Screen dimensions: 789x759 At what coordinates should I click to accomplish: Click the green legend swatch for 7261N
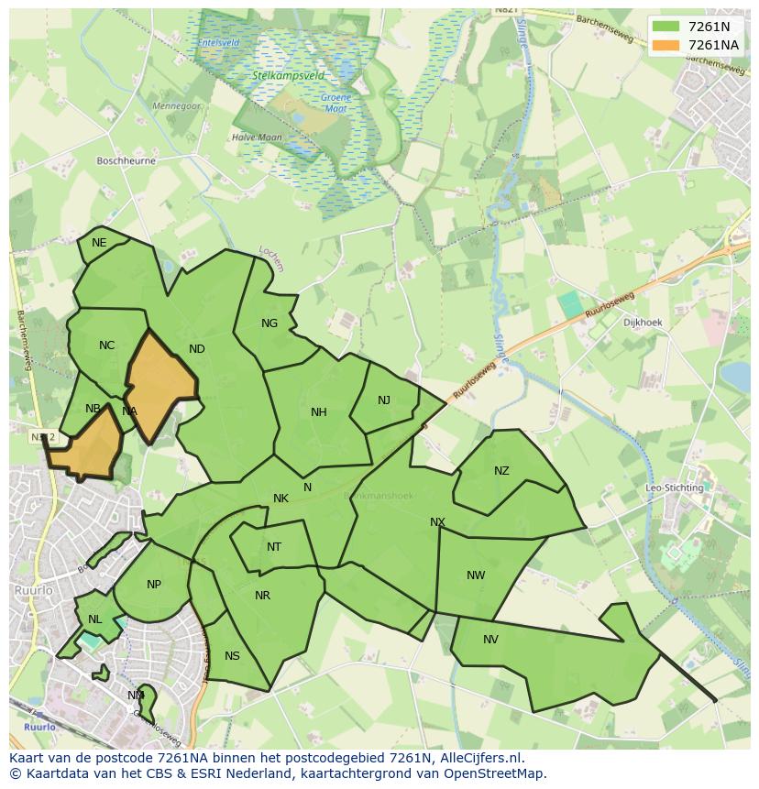665,27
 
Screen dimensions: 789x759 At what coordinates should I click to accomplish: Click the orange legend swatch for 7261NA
665,45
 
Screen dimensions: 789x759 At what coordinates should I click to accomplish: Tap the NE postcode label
99,243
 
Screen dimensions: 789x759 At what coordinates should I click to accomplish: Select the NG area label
269,323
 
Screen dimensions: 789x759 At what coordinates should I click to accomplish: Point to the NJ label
384,400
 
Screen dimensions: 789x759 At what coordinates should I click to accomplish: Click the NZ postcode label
501,471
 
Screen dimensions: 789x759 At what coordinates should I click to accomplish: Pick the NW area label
476,575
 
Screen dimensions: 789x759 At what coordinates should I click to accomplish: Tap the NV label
490,640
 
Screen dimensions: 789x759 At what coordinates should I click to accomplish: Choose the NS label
232,656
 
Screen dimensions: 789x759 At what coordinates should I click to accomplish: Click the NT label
274,547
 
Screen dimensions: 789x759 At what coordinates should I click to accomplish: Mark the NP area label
154,585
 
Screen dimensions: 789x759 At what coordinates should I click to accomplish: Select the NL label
95,619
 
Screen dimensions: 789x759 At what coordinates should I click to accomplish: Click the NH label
319,412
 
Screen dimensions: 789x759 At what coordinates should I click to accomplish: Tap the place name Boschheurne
126,160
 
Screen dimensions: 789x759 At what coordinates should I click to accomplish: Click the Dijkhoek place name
643,323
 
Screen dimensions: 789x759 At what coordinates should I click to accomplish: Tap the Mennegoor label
176,106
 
